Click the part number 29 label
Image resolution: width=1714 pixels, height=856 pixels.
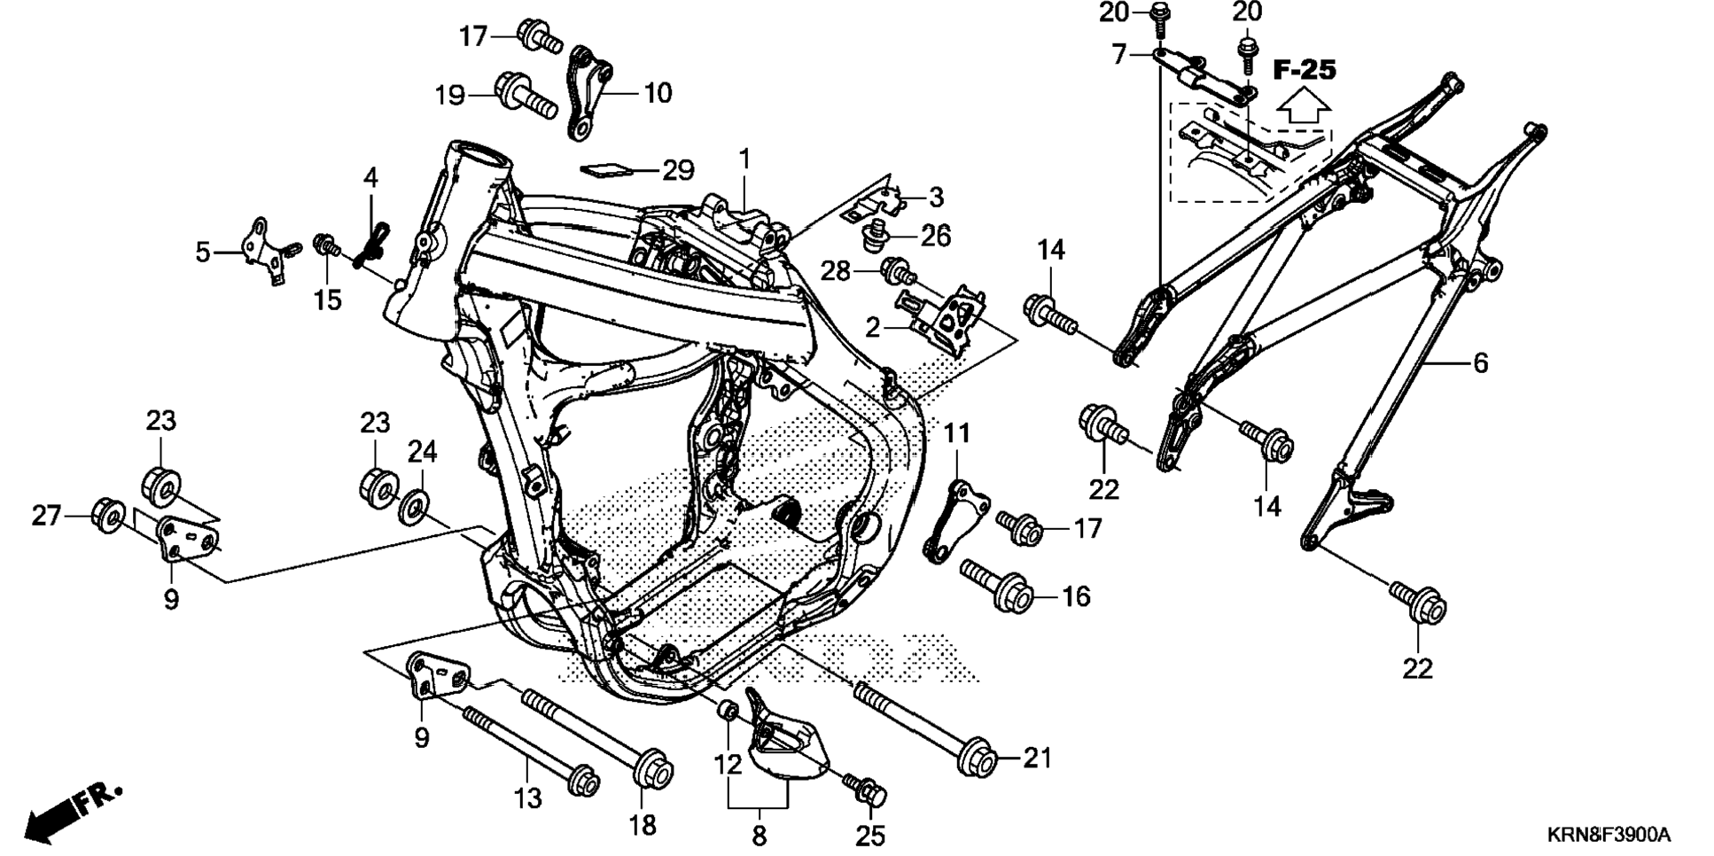point(678,169)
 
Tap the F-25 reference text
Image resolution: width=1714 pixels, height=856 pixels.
point(1304,69)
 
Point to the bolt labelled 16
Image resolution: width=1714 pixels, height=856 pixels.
point(996,584)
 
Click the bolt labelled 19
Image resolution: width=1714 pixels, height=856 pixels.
point(526,94)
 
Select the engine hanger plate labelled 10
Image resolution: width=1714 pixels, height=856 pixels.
point(588,91)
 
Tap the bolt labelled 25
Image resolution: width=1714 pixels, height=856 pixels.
point(866,790)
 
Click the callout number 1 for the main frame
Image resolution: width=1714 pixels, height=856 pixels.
point(744,160)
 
